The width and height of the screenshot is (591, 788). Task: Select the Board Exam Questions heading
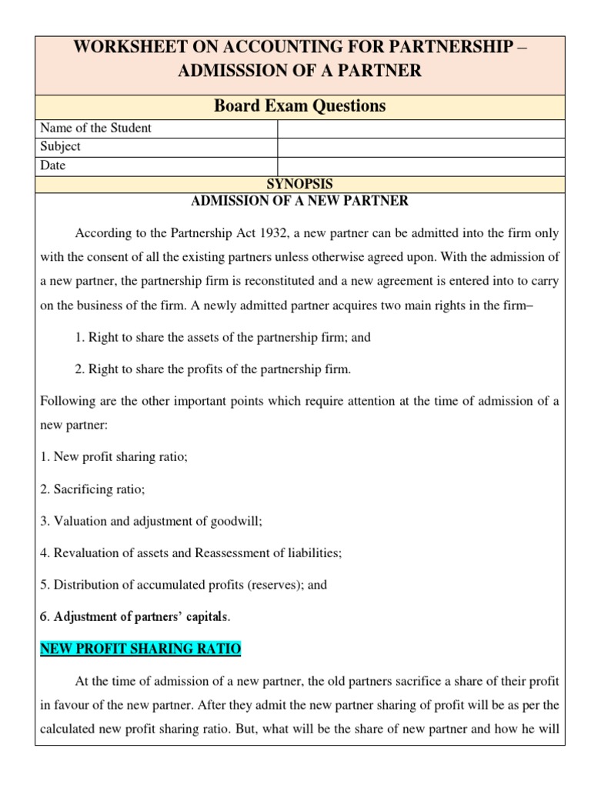(x=299, y=105)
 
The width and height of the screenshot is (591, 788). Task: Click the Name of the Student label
(x=95, y=128)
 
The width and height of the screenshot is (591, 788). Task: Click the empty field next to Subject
(x=421, y=146)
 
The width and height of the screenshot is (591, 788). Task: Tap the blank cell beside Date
(x=421, y=165)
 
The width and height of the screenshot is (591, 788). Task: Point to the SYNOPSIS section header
(x=299, y=184)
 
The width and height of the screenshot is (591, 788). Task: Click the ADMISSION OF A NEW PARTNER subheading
(x=299, y=202)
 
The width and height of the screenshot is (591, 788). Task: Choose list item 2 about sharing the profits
(x=212, y=369)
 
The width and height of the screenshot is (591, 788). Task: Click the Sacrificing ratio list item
(x=92, y=489)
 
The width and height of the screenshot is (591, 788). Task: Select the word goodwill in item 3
(x=236, y=521)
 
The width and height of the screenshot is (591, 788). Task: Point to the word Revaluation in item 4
(x=83, y=553)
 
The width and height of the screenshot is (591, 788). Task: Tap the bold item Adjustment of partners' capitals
(x=135, y=616)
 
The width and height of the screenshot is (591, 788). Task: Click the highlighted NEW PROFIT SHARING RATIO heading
(x=140, y=649)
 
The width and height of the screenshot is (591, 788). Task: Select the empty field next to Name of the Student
(x=421, y=128)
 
